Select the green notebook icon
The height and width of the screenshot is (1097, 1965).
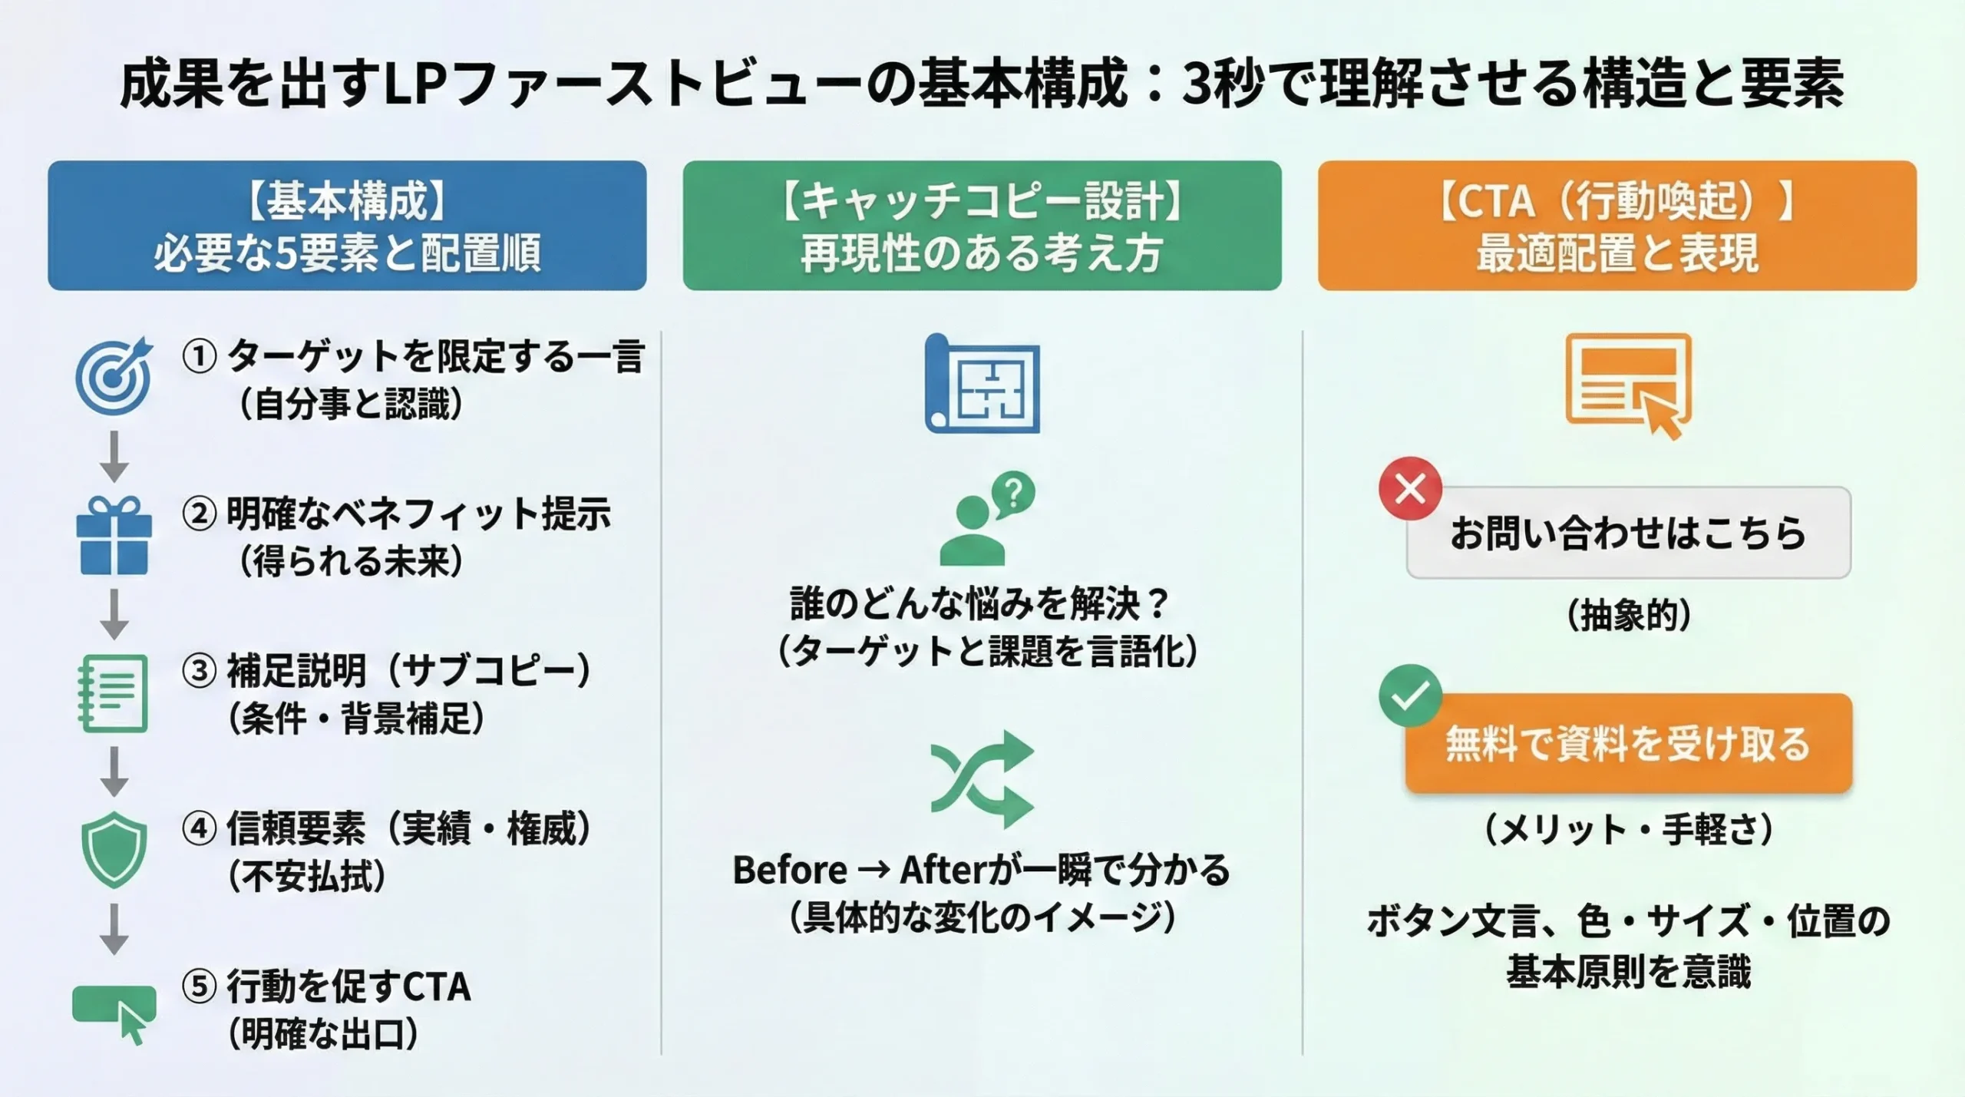coord(114,693)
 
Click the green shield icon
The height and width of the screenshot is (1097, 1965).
coord(114,849)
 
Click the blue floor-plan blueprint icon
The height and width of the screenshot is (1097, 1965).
coord(982,383)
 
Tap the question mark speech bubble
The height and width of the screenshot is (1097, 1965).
coord(1013,493)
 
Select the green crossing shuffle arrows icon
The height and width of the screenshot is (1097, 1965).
coord(982,778)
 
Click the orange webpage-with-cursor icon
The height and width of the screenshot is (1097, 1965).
coord(1628,384)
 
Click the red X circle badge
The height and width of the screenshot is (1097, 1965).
coord(1410,488)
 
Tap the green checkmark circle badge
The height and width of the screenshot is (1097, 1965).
coord(1410,696)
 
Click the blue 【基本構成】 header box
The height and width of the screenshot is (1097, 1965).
coord(347,226)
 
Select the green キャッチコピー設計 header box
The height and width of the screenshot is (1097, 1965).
coord(982,226)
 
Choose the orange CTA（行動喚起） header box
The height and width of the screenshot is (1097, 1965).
coord(1617,226)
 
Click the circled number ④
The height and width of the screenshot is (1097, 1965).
coord(200,829)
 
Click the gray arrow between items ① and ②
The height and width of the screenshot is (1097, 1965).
coord(114,456)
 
